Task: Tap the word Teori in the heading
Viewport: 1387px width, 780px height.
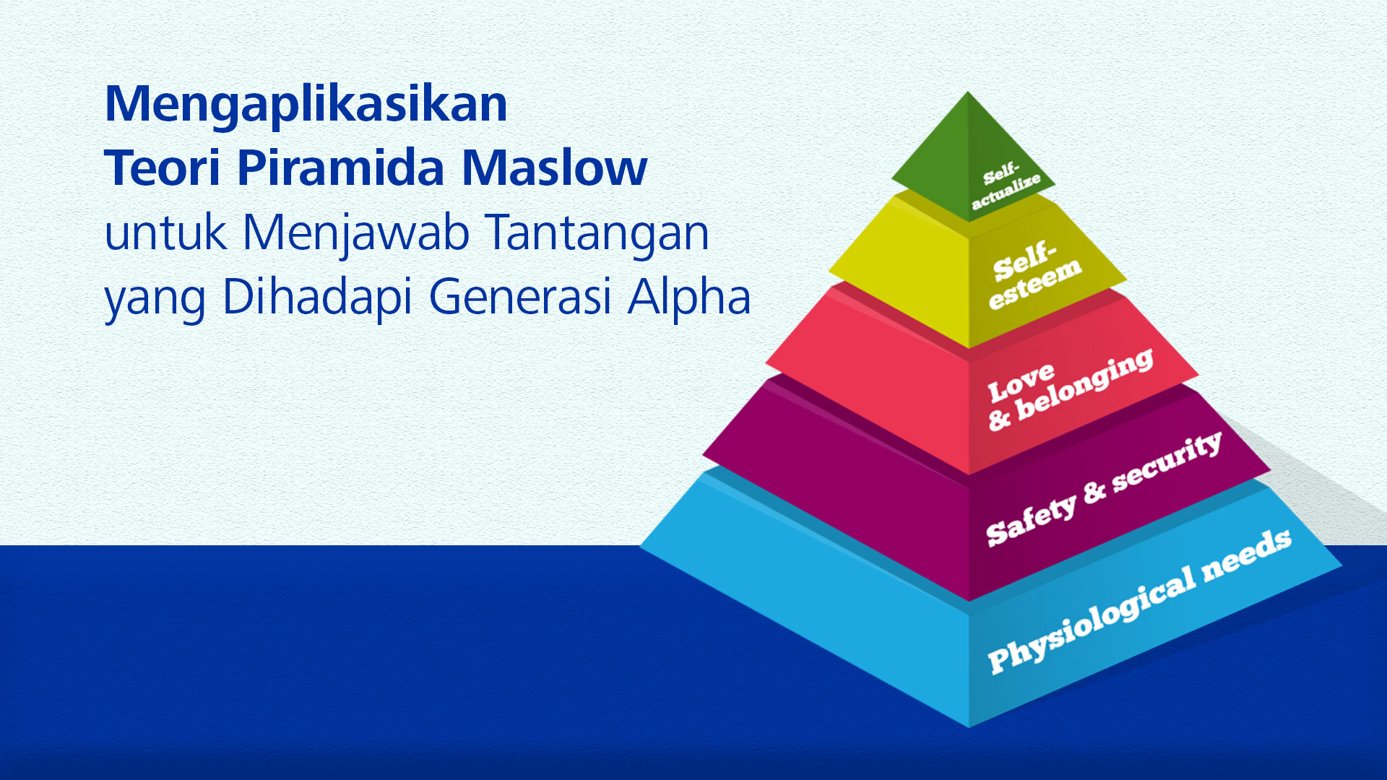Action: [163, 168]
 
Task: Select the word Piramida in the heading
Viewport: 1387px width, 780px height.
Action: [340, 168]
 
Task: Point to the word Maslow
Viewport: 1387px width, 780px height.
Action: [554, 168]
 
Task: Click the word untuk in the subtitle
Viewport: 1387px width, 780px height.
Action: [165, 233]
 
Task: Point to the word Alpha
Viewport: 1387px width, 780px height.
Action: [689, 295]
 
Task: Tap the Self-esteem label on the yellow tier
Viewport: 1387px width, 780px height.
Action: [1034, 275]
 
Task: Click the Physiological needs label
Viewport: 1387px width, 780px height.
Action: [1139, 601]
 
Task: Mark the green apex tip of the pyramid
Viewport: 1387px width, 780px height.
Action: [968, 92]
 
